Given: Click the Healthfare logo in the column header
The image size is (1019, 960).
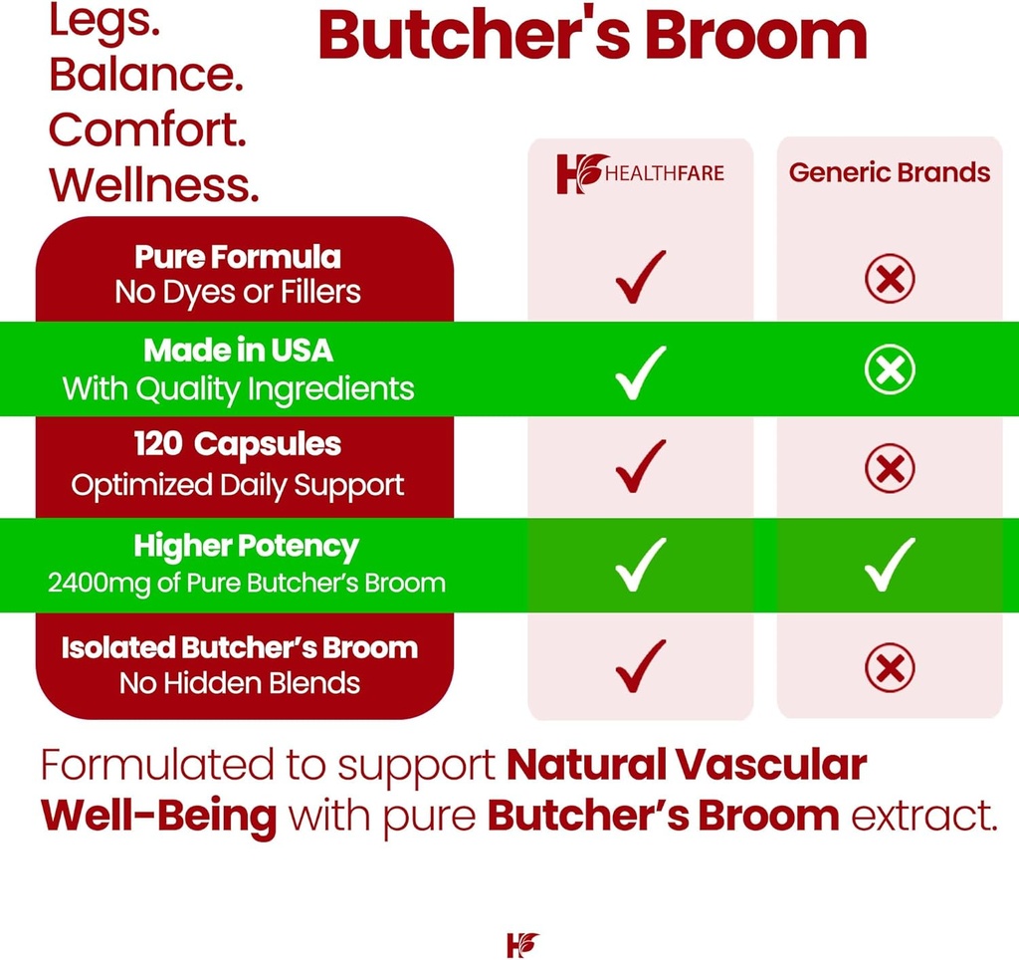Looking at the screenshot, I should [640, 174].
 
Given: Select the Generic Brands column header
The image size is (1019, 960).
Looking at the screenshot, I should [890, 172].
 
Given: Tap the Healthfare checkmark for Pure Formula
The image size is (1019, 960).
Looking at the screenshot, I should [640, 278].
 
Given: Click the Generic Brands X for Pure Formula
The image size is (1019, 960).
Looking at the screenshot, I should [890, 278].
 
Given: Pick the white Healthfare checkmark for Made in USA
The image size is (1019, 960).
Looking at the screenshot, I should [640, 371].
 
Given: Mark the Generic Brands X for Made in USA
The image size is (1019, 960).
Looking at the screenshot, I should [890, 371].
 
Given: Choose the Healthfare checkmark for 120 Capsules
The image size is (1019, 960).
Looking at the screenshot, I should [640, 466].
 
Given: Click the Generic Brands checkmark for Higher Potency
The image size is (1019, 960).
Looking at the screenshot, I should [890, 565].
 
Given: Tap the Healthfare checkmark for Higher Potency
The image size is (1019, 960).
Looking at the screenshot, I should [640, 565].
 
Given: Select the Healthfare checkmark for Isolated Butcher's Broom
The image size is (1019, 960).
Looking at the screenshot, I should [640, 666].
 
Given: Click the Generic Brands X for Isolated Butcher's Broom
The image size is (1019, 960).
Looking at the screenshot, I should [890, 666].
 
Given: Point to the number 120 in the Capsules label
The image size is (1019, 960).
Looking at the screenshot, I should [157, 444].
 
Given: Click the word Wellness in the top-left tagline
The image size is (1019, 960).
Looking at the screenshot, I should [153, 184].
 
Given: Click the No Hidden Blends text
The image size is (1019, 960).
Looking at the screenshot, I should [240, 683].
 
